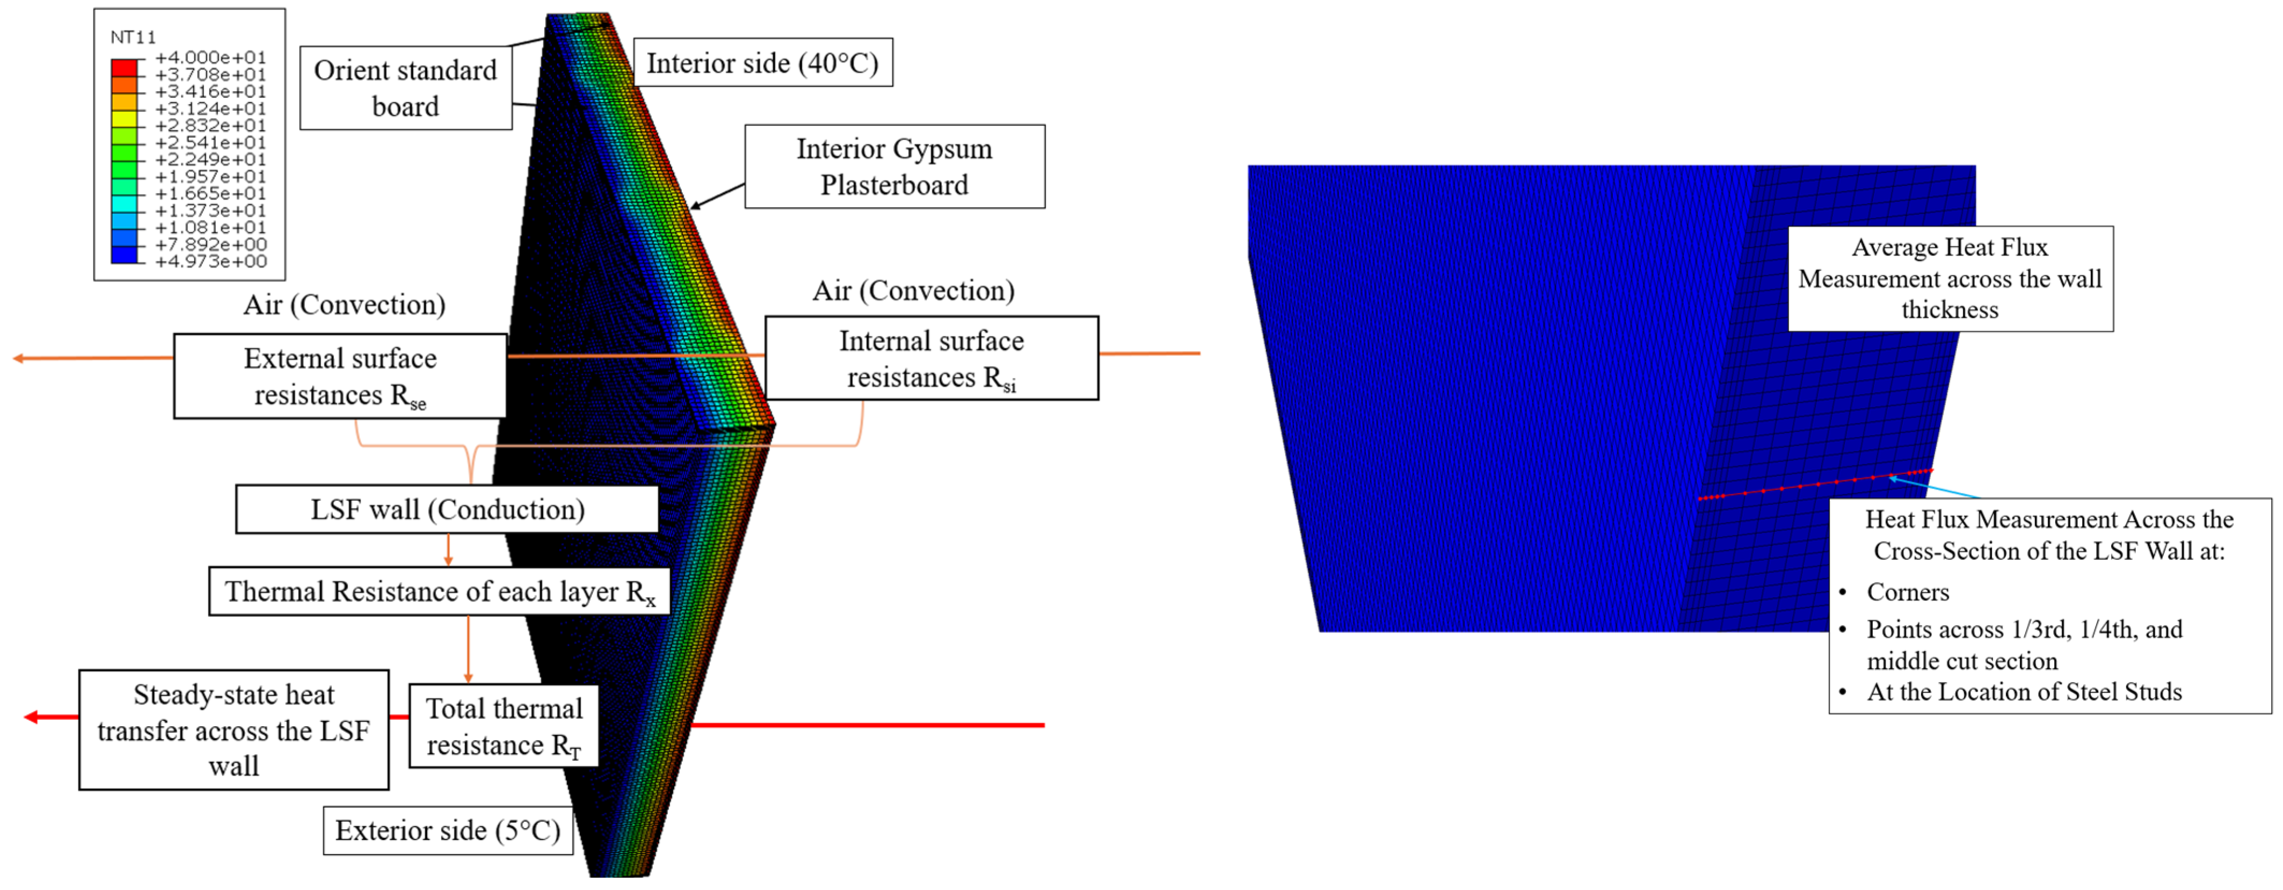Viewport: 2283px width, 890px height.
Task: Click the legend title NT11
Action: pyautogui.click(x=133, y=37)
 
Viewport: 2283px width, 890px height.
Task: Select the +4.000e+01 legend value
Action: pyautogui.click(x=210, y=57)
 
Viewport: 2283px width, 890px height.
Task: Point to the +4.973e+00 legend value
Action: pyautogui.click(x=210, y=261)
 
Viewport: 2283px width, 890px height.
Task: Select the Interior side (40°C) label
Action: pyautogui.click(x=762, y=63)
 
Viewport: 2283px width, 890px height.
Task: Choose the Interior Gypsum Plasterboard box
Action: pyautogui.click(x=894, y=166)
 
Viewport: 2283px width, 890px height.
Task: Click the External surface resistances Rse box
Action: pyautogui.click(x=340, y=376)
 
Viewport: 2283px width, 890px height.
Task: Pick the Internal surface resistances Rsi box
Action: pyautogui.click(x=932, y=358)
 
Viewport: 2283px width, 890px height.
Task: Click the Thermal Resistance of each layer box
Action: pyautogui.click(x=440, y=591)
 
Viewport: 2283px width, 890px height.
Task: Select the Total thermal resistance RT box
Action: pyautogui.click(x=504, y=726)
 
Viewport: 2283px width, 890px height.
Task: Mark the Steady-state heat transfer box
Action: pyautogui.click(x=234, y=729)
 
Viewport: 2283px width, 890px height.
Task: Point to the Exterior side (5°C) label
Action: pyautogui.click(x=448, y=830)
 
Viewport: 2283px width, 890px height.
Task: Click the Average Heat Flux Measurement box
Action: pyautogui.click(x=1950, y=279)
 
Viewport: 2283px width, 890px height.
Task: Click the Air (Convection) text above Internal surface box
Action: pyautogui.click(x=914, y=291)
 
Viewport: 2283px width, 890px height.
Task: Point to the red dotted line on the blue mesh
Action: pyautogui.click(x=1817, y=484)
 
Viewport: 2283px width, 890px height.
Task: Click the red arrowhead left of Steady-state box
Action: pyautogui.click(x=32, y=717)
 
